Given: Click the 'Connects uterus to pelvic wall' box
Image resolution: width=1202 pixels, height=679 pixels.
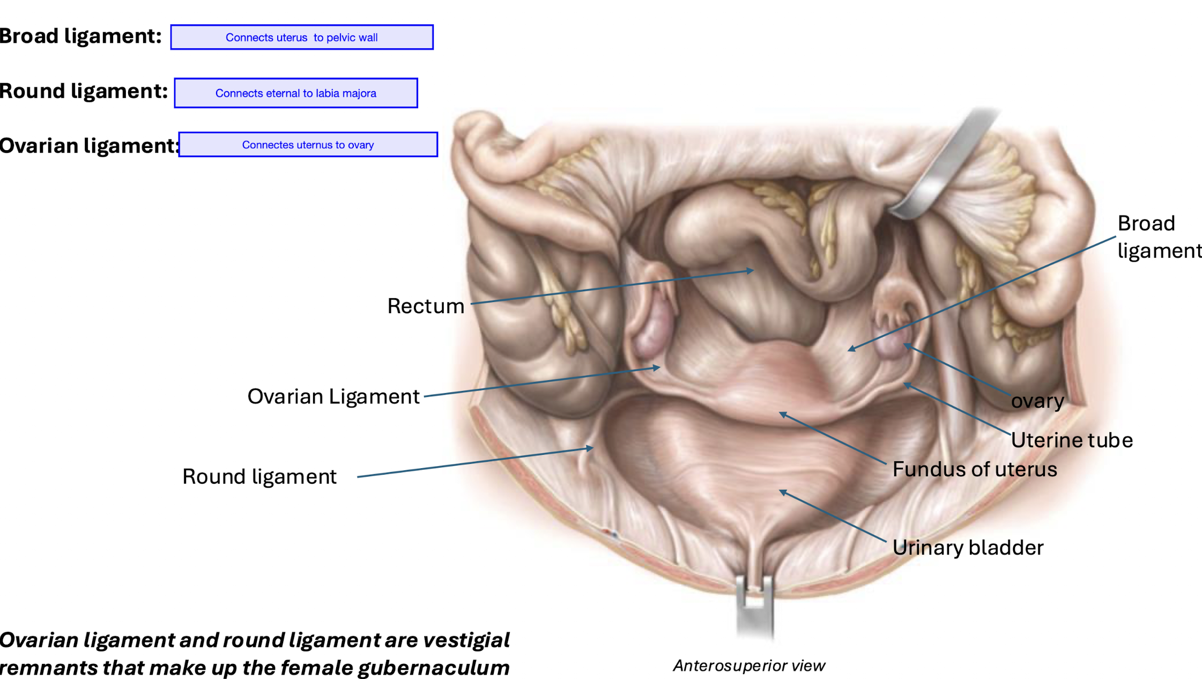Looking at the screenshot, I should (x=301, y=38).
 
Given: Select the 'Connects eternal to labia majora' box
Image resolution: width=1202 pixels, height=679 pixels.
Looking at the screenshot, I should (x=295, y=93).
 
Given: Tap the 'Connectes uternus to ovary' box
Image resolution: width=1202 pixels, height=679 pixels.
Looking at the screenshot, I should (x=308, y=145).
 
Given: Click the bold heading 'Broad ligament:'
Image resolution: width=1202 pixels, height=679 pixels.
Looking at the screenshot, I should (x=80, y=36).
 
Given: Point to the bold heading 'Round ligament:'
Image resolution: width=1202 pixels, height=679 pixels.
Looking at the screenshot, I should (x=84, y=91).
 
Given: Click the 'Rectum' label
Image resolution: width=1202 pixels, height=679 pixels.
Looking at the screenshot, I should (x=426, y=306).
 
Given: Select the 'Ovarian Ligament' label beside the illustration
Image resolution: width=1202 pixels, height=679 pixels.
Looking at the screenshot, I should (x=333, y=397).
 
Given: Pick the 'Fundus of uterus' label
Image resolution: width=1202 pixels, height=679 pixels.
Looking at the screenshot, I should (x=974, y=469).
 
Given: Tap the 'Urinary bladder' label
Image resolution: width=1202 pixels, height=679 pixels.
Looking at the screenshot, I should (x=968, y=548).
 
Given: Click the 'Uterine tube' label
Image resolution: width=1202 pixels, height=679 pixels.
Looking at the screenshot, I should (x=1071, y=440).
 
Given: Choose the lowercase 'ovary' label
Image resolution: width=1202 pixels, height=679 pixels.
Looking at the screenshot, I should (x=1037, y=401).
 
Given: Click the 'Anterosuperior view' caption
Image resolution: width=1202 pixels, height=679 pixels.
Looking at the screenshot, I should (x=748, y=666).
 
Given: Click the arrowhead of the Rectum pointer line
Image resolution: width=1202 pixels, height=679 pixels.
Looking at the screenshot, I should (x=752, y=271).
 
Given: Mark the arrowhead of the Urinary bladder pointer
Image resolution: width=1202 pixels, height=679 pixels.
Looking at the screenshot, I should (x=782, y=492).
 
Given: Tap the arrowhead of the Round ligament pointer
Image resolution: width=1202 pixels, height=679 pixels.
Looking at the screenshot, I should (x=590, y=448).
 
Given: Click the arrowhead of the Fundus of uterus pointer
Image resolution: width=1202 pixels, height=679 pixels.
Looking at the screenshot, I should (x=782, y=414).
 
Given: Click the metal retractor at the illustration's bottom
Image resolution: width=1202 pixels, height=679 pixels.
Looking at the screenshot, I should (x=754, y=606).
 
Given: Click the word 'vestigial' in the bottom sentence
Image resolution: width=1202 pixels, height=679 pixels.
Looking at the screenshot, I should (x=466, y=640).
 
